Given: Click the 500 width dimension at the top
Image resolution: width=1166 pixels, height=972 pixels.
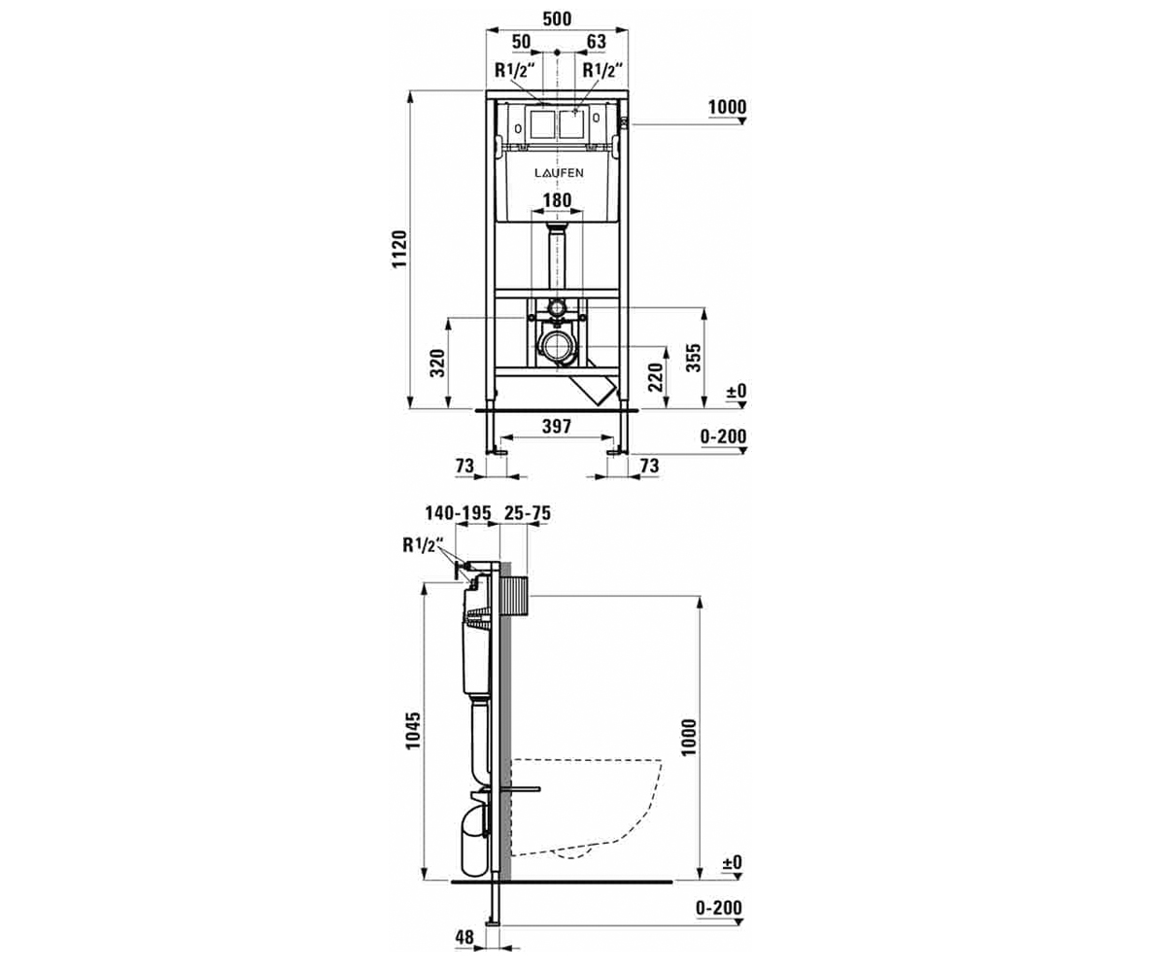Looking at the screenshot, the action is click(558, 18).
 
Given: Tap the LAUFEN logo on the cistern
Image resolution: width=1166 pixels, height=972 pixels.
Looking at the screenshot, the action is click(559, 173).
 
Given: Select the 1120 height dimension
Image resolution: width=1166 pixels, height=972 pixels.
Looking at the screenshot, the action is click(399, 249).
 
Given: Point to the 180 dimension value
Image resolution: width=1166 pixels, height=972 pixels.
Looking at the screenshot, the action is click(558, 200).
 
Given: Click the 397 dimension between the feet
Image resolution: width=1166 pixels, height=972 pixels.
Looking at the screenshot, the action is click(557, 427).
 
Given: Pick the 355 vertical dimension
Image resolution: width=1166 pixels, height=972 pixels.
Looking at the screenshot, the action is click(693, 358).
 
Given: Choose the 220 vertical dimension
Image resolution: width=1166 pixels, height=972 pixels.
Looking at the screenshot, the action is click(656, 377).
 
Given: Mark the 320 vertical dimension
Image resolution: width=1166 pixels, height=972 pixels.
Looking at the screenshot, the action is click(438, 364).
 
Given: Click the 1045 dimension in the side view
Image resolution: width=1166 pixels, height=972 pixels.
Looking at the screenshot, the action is click(413, 730).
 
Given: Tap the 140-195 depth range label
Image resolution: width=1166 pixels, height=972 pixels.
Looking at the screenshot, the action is click(458, 513).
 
